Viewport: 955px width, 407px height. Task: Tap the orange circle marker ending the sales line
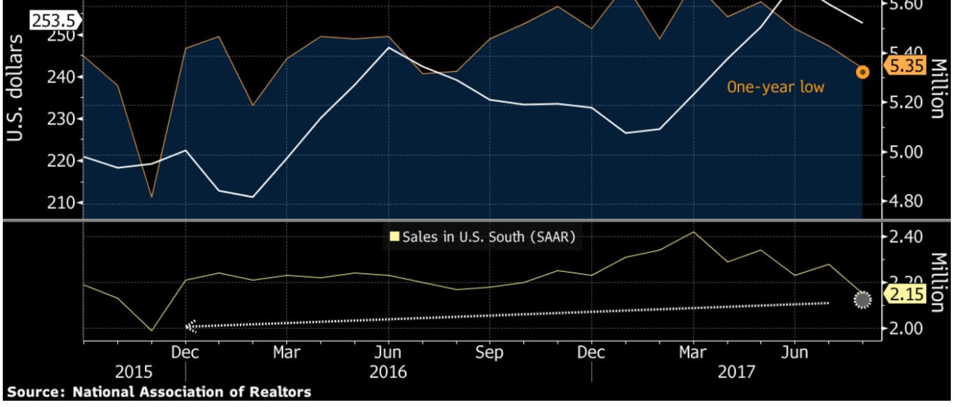862,72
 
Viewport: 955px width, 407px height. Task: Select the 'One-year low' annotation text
775,87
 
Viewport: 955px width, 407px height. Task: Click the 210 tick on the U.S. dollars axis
60,203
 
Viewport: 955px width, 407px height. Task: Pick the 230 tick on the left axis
60,119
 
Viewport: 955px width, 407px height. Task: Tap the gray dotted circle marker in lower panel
862,300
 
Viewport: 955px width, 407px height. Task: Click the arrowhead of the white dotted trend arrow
191,325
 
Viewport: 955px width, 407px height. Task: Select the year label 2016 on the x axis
388,372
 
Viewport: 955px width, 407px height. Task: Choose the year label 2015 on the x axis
134,372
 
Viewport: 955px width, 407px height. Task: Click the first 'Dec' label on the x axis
185,353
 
